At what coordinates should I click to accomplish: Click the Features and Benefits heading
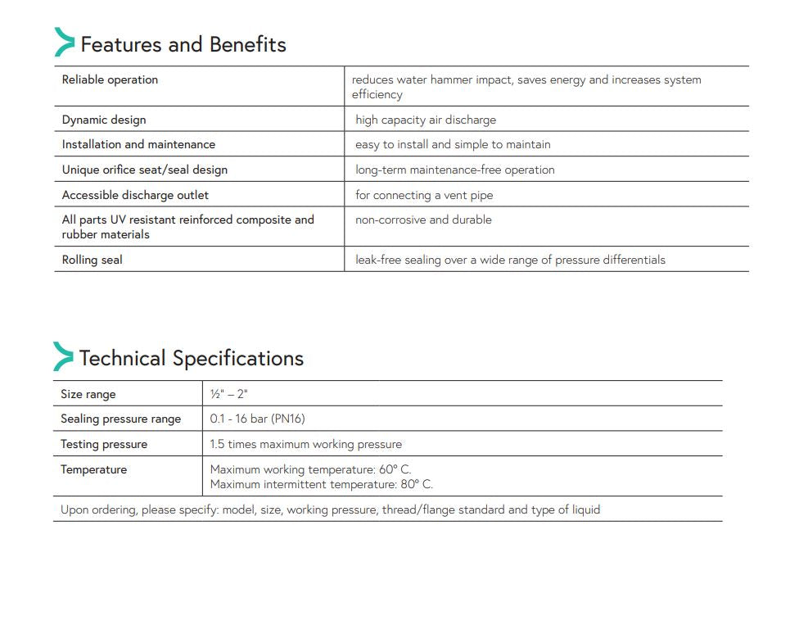tap(183, 44)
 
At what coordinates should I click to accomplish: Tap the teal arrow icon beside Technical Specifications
tap(63, 357)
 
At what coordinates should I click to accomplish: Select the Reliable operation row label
tap(110, 79)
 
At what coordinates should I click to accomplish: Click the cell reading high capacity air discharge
tap(426, 120)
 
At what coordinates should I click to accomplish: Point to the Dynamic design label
tap(104, 120)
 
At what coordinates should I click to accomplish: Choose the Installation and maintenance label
tap(138, 144)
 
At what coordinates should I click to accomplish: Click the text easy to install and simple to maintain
tap(453, 144)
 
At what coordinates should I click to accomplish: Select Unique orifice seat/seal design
tap(145, 170)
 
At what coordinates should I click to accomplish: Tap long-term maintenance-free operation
tap(454, 170)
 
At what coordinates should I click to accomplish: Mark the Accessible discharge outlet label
tap(135, 195)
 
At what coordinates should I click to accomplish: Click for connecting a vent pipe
tap(424, 195)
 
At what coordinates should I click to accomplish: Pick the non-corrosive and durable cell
tap(423, 220)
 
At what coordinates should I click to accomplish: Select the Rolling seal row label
tap(92, 260)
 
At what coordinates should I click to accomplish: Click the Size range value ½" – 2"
tap(228, 394)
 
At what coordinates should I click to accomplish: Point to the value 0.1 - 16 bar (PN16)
tap(257, 419)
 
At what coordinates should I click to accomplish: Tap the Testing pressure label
tap(104, 444)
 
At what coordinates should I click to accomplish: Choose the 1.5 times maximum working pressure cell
tap(305, 444)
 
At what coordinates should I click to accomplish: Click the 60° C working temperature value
tap(395, 469)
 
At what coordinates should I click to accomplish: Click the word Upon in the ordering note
tap(74, 510)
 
